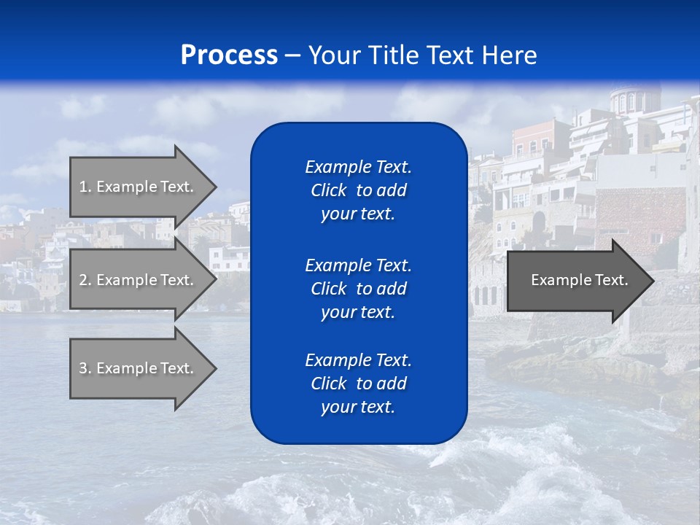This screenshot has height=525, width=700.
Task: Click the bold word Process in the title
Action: (x=229, y=55)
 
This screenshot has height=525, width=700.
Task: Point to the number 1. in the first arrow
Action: (x=85, y=187)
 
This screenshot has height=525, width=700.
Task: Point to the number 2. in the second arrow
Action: (x=85, y=280)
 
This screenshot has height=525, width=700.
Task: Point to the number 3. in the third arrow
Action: (x=85, y=368)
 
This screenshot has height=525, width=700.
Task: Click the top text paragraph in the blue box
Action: (x=358, y=190)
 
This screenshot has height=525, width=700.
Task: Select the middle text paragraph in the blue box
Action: (x=358, y=289)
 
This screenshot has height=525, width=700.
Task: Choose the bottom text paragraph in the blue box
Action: (x=358, y=384)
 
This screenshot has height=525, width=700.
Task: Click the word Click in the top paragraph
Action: (x=329, y=190)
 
